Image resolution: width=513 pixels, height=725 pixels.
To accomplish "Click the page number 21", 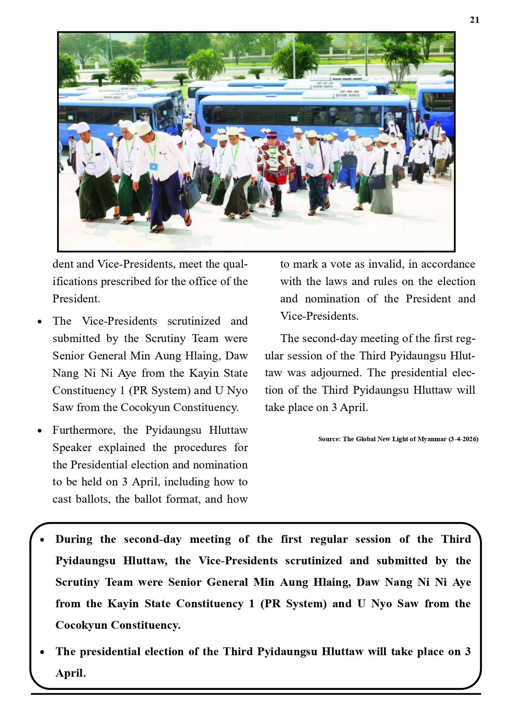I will click(475, 20).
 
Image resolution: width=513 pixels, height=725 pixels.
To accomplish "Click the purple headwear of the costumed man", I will click(273, 135).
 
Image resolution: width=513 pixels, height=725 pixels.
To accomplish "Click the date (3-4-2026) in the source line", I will click(463, 439).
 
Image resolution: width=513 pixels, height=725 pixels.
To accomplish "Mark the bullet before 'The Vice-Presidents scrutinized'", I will click(40, 321).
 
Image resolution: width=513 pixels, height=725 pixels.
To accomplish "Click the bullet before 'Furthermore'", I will click(40, 430).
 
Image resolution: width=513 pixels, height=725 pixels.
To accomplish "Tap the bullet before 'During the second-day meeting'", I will click(43, 540).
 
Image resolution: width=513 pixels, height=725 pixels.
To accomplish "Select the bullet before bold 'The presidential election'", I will click(43, 652).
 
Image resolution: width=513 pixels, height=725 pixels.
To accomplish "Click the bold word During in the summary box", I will click(74, 540).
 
